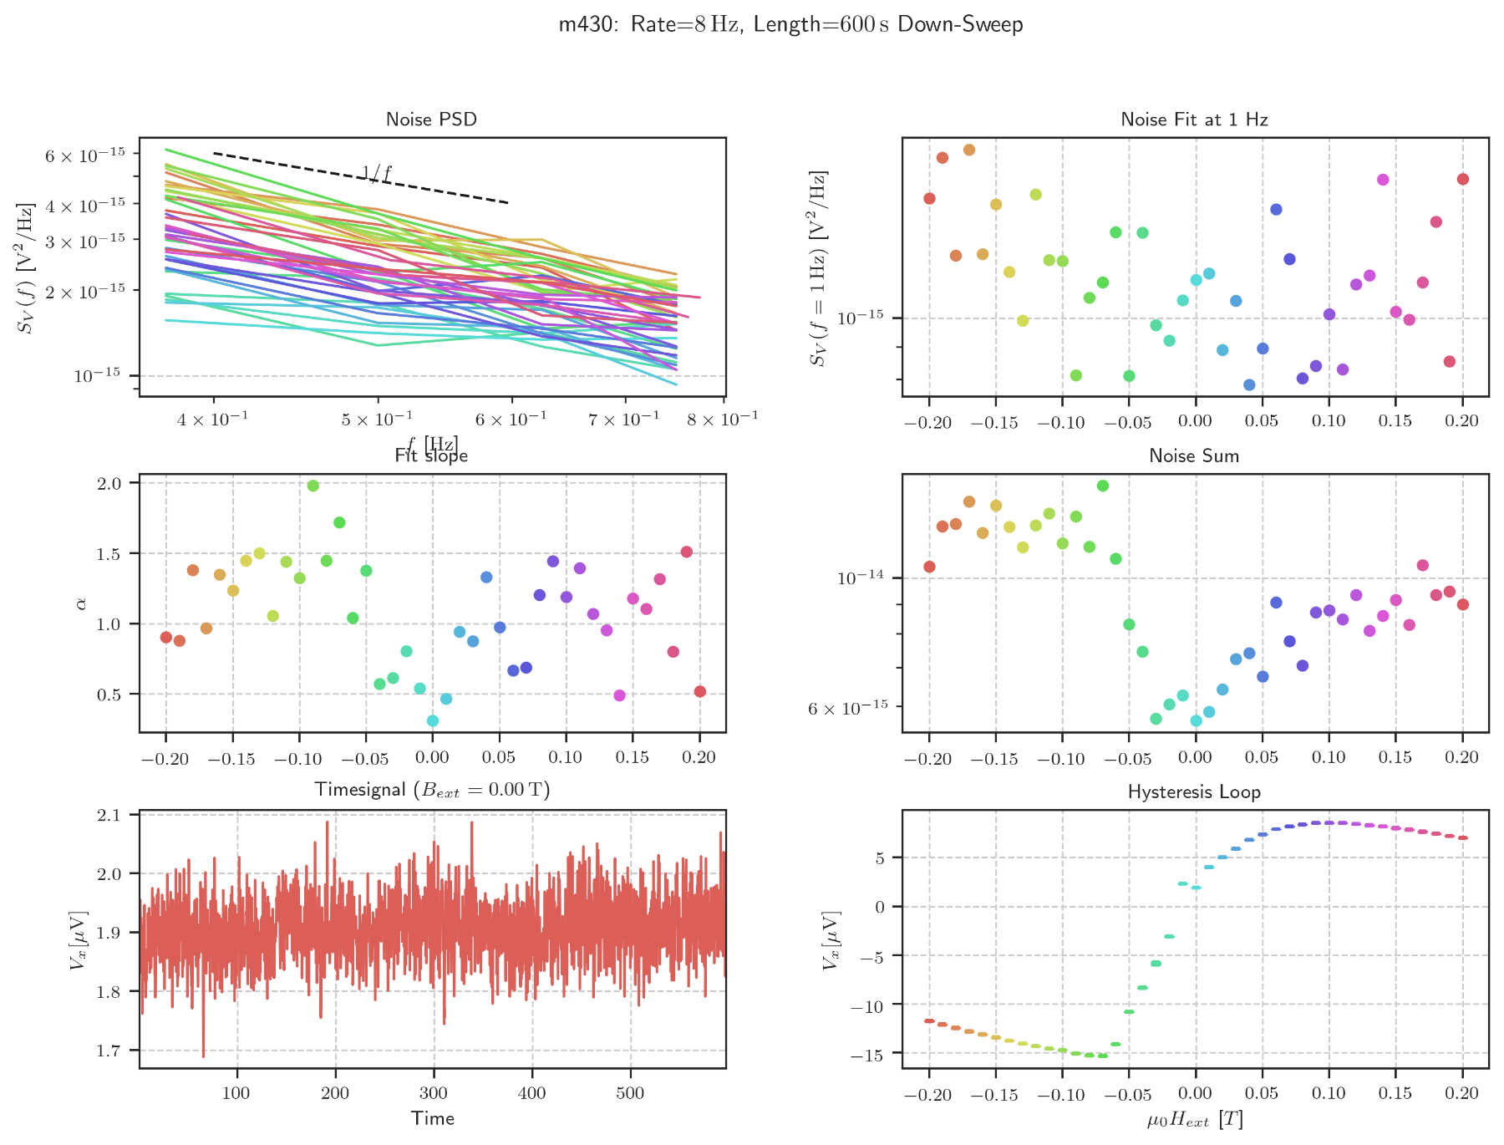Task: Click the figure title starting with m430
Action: pos(790,24)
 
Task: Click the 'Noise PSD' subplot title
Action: pos(431,120)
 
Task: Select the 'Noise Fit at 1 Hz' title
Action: pos(1194,120)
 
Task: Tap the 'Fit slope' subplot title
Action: pos(431,455)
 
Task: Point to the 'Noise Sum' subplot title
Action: pos(1194,455)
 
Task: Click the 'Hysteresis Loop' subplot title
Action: pos(1194,791)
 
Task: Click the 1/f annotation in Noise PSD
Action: pos(377,173)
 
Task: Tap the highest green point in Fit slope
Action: pos(313,486)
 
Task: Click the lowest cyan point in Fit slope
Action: pos(433,720)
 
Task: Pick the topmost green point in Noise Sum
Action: pos(1103,486)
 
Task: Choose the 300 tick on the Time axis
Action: pos(434,1092)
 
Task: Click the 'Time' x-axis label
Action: pos(432,1118)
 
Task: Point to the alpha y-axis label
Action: pos(81,603)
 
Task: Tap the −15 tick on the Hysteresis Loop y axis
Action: pos(869,1054)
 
